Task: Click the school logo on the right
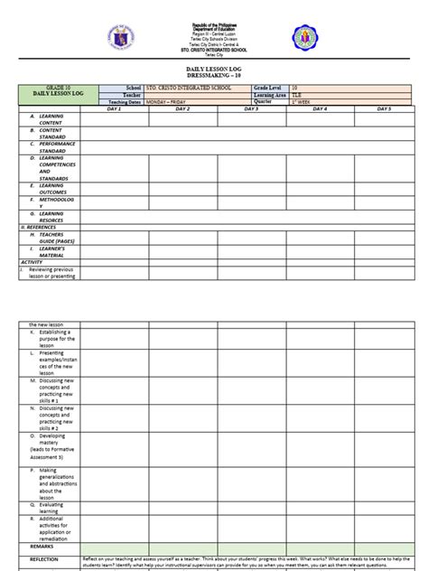(304, 38)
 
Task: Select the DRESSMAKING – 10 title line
(213, 75)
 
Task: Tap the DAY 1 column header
(114, 108)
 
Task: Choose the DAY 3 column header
(251, 108)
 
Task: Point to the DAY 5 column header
(384, 108)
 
